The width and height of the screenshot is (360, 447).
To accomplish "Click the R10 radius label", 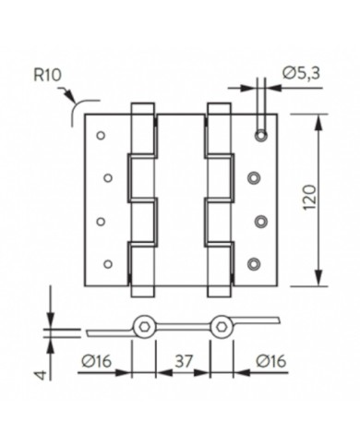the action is pos(47,75).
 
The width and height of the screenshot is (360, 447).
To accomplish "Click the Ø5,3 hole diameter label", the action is pos(302,74).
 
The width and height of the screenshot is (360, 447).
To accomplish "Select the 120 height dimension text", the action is pos(310,198).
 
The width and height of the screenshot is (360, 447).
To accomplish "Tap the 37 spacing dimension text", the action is pos(184,361).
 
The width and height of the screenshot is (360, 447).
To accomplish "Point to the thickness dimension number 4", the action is pos(42,375).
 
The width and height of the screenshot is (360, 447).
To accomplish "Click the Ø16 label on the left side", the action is pos(96,361).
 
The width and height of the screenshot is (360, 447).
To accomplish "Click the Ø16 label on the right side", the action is pos(271,361).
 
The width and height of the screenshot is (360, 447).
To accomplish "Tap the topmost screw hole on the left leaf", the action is pos(101,135).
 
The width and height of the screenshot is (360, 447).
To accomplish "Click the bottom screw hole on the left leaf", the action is pos(108,264).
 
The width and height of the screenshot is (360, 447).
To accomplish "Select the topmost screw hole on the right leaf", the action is pos(261,135).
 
